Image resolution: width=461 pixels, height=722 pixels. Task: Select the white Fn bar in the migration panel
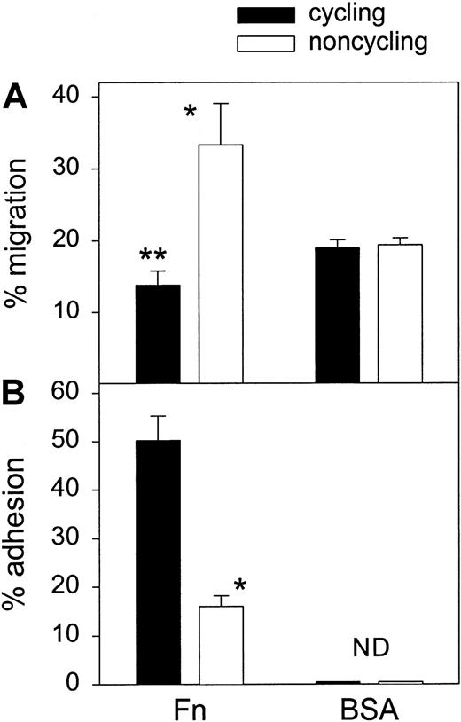coord(221,263)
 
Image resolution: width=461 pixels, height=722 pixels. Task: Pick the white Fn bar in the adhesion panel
coord(221,645)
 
